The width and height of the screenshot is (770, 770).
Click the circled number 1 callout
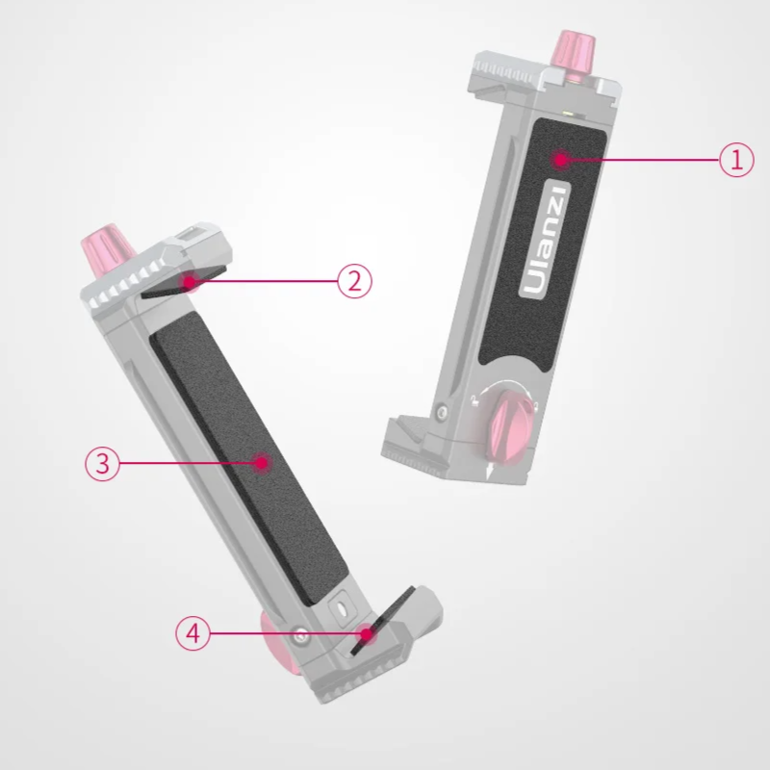click(736, 160)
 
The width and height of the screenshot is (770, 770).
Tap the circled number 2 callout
click(354, 281)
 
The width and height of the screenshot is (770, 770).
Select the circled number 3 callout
click(103, 463)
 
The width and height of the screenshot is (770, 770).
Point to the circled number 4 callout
click(193, 633)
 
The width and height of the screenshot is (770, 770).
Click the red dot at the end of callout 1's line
click(560, 160)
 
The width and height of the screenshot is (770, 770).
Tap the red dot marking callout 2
click(188, 282)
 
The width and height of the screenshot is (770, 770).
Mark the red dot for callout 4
click(366, 634)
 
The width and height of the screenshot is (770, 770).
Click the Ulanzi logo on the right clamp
click(544, 239)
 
